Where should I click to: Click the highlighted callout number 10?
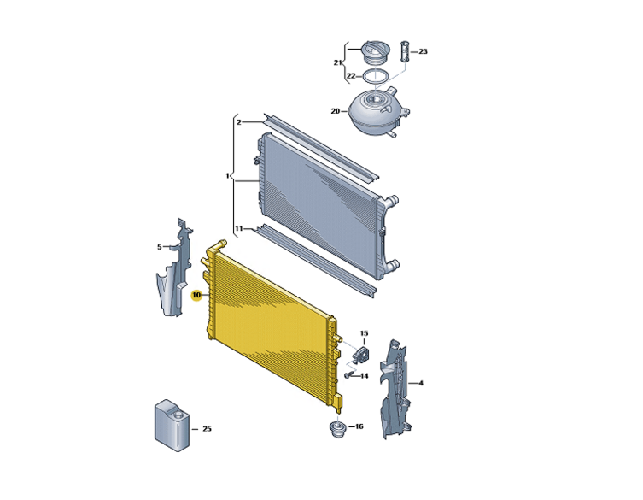click(197, 295)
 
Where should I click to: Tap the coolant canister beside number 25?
click(172, 426)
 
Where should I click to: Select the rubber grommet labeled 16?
click(338, 429)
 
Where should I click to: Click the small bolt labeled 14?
click(349, 375)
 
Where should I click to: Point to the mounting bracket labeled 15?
click(360, 355)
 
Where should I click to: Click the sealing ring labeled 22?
click(375, 77)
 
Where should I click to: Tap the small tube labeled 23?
click(405, 52)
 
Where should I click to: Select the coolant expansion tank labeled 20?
click(377, 112)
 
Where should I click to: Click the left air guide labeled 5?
click(175, 270)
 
